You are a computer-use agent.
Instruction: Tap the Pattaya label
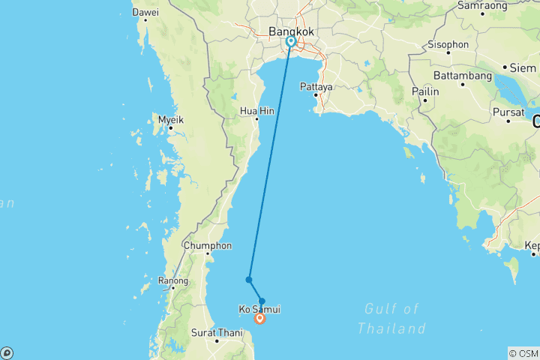point(316,86)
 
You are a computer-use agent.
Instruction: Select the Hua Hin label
point(256,110)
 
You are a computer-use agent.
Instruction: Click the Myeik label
point(170,119)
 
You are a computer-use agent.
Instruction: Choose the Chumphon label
point(208,244)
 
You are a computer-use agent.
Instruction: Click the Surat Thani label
point(217,331)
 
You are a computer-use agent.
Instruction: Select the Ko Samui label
point(259,309)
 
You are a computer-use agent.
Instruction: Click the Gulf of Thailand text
point(391,318)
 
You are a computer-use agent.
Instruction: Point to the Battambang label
point(460,76)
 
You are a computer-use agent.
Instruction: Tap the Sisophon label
point(448,44)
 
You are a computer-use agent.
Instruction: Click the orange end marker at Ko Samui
point(260,319)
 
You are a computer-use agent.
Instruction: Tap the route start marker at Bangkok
point(290,42)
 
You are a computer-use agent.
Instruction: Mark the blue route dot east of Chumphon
point(248,280)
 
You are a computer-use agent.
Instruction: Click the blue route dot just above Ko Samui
point(262,301)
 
